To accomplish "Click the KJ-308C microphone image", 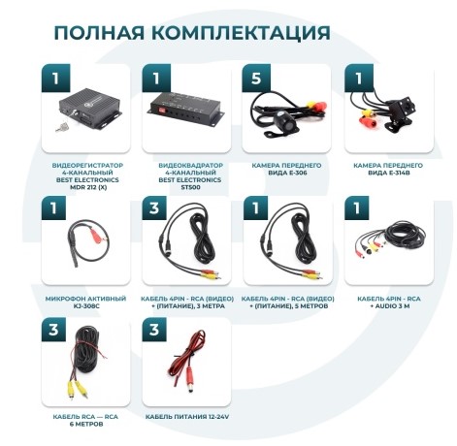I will point(81,243).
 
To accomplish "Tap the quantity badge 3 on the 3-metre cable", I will point(156,208).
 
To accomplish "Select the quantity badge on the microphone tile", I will point(54,208).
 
